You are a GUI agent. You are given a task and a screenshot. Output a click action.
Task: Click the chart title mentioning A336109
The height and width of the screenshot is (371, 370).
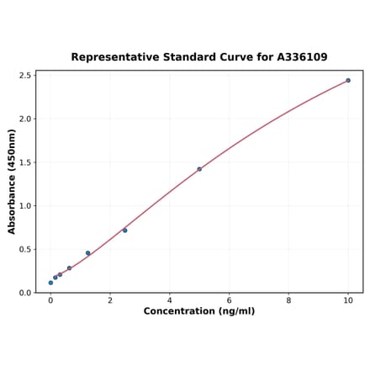click(x=199, y=57)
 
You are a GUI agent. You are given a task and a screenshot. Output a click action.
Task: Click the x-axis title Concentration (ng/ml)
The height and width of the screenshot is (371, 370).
click(x=199, y=311)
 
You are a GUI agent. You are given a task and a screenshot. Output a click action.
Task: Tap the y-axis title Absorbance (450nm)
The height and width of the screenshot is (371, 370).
click(x=12, y=182)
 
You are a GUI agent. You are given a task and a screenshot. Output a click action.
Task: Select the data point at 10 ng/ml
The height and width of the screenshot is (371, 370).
click(x=348, y=81)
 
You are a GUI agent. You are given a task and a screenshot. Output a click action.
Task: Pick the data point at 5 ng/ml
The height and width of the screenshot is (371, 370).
click(x=199, y=169)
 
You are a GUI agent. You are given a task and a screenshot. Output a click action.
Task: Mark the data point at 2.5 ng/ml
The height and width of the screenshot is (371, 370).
click(x=124, y=231)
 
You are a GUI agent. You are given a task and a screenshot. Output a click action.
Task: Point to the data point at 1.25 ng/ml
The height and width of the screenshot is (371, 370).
click(x=87, y=253)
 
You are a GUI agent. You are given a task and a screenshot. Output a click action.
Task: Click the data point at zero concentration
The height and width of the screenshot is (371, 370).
click(x=50, y=283)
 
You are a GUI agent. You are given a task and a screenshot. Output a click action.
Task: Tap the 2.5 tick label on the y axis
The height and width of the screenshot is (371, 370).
click(x=25, y=76)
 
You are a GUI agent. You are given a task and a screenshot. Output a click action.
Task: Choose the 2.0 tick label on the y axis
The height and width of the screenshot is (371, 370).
click(x=25, y=119)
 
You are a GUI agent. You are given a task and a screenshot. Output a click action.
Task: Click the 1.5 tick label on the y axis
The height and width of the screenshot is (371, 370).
click(x=25, y=162)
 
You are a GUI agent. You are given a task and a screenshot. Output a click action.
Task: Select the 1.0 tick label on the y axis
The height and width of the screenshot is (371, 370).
click(x=25, y=206)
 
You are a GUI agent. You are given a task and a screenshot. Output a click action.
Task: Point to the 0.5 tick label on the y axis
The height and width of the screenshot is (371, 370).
click(x=25, y=249)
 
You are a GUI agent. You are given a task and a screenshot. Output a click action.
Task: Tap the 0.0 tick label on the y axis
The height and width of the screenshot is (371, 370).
click(x=25, y=293)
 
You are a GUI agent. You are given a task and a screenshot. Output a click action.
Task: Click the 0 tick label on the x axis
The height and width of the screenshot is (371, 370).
click(x=50, y=299)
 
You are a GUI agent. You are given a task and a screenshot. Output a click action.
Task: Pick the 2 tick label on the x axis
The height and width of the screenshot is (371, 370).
click(x=110, y=299)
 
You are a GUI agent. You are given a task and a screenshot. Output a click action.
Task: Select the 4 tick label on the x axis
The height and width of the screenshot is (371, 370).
click(x=169, y=299)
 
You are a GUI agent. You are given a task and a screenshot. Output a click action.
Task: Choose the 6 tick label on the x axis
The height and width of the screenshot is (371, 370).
click(x=229, y=299)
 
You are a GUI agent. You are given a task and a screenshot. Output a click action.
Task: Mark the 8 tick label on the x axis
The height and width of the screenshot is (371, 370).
click(x=288, y=299)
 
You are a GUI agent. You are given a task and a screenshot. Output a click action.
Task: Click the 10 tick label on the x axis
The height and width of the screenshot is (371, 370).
click(x=348, y=299)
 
